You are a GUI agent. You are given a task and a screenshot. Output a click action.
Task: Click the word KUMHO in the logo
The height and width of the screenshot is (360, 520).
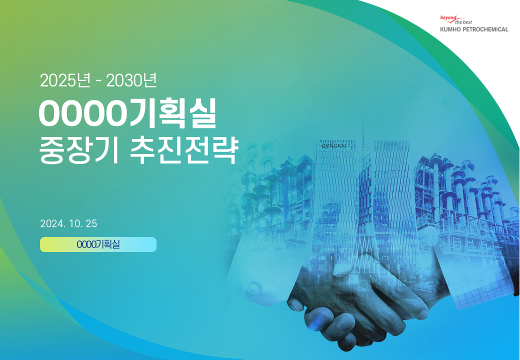(450, 29)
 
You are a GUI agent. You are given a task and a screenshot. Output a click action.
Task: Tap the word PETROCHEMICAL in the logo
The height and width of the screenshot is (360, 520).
(485, 29)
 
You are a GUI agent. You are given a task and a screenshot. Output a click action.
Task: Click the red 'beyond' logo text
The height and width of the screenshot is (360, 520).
(448, 17)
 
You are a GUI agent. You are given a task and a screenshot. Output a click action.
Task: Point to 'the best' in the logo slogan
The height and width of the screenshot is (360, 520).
(463, 22)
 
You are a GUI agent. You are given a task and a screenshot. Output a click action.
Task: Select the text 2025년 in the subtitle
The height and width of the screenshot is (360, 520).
(65, 80)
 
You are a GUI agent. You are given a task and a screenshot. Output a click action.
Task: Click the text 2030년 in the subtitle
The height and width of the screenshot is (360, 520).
(131, 80)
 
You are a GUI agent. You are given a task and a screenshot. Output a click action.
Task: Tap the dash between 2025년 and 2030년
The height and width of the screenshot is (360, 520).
(98, 81)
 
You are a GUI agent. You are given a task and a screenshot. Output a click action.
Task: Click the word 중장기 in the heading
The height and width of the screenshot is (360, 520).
(78, 151)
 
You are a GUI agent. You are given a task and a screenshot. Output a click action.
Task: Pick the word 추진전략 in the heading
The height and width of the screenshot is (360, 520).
(184, 151)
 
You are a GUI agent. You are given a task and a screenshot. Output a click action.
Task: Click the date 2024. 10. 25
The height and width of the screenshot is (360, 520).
(68, 224)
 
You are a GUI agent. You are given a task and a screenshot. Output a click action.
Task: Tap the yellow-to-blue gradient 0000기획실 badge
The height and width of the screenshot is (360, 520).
(98, 244)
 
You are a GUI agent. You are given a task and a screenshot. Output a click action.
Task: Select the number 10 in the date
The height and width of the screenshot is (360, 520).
(74, 224)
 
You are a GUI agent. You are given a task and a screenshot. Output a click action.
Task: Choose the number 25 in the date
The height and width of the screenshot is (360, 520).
(91, 224)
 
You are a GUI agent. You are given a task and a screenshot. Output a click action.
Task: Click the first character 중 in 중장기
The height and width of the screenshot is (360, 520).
(51, 151)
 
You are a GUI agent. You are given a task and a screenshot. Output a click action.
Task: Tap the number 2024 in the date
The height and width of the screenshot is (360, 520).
(52, 224)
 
